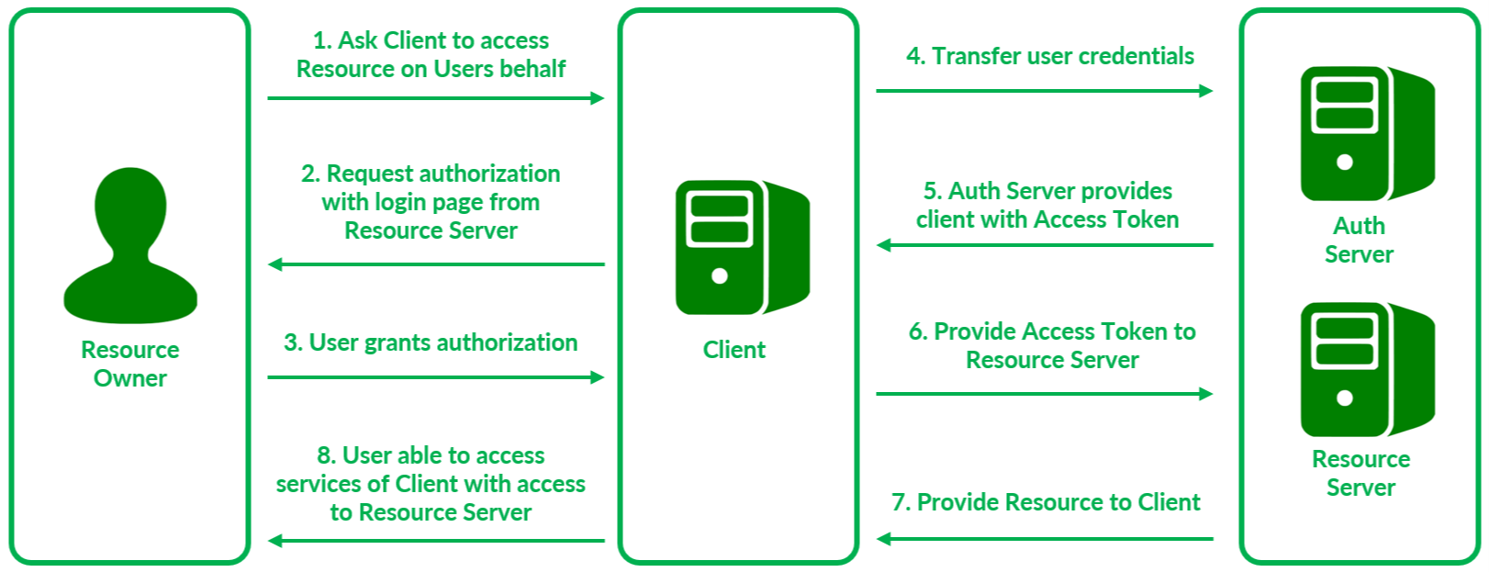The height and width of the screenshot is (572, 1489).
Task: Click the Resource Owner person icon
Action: (x=130, y=246)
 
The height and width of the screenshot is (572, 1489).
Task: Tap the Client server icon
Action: (x=742, y=248)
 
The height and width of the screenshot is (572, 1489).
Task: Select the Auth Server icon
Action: (x=1367, y=134)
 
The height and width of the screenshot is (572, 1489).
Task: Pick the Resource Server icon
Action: (x=1367, y=369)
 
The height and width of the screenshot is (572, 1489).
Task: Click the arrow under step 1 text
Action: (x=435, y=98)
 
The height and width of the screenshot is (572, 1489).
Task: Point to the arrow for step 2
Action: (x=435, y=264)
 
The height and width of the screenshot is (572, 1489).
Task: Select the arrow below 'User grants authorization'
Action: (x=435, y=377)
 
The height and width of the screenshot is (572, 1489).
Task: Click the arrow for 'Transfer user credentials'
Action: (x=1044, y=91)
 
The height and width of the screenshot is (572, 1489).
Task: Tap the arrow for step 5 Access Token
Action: (x=1044, y=245)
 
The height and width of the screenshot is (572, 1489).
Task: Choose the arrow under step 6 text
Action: (x=1044, y=394)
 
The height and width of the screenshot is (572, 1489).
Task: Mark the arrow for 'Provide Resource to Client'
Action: (x=1044, y=539)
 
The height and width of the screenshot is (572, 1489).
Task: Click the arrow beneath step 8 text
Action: (x=435, y=541)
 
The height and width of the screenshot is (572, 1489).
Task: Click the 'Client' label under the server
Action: (x=734, y=350)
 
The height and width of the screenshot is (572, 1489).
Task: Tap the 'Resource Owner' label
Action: (x=130, y=364)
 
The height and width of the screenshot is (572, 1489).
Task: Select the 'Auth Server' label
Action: (x=1360, y=240)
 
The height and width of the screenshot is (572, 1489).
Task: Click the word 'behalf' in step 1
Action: (x=532, y=69)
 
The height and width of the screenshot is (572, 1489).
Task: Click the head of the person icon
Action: (x=130, y=205)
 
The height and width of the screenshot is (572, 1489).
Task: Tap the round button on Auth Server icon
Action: (x=1345, y=163)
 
